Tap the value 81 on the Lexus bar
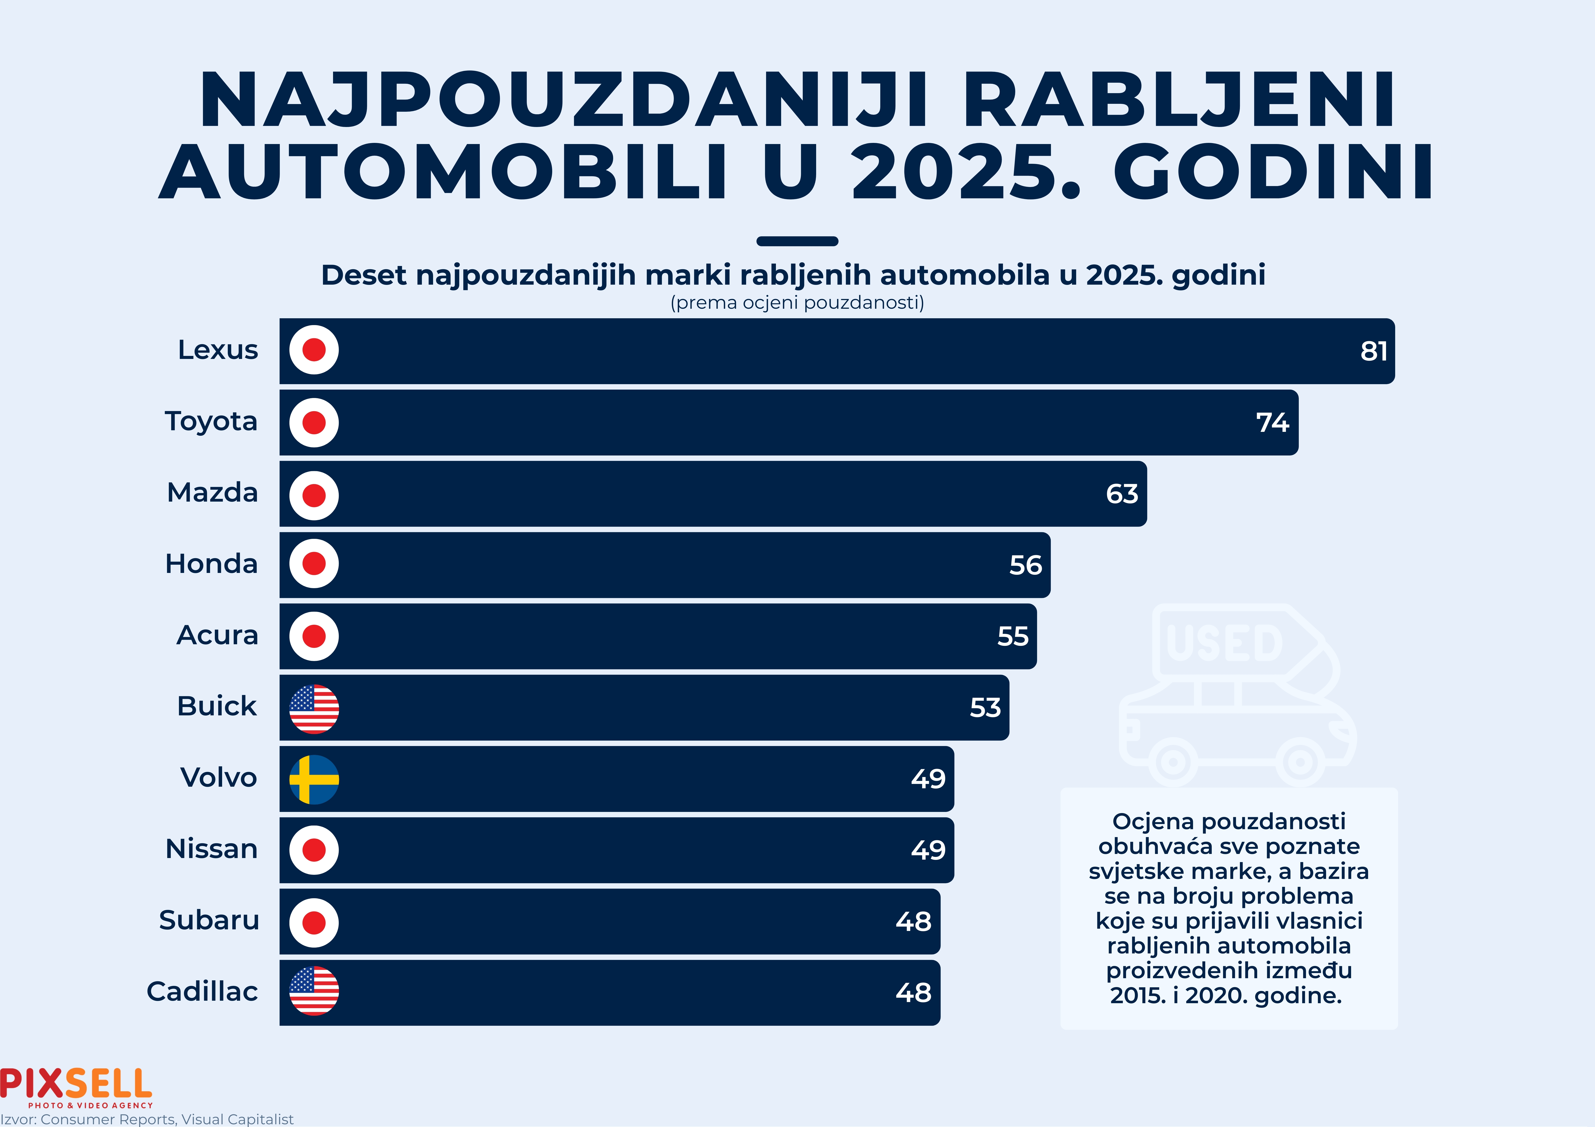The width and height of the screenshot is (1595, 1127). click(x=1373, y=351)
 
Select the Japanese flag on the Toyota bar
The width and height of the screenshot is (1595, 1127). click(x=314, y=422)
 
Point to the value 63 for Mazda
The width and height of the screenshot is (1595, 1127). click(x=1122, y=494)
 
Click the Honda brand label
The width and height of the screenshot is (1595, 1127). click(x=211, y=564)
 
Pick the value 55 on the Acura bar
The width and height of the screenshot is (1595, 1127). click(x=1013, y=636)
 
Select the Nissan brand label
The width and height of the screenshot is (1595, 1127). click(x=211, y=848)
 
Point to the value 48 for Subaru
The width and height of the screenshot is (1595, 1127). click(x=913, y=921)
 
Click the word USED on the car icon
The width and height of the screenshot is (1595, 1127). click(x=1225, y=642)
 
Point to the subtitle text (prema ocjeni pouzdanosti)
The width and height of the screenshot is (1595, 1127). click(x=797, y=303)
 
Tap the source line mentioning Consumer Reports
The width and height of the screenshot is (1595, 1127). click(x=147, y=1119)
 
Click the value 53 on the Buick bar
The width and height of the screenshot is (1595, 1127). click(x=985, y=708)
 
